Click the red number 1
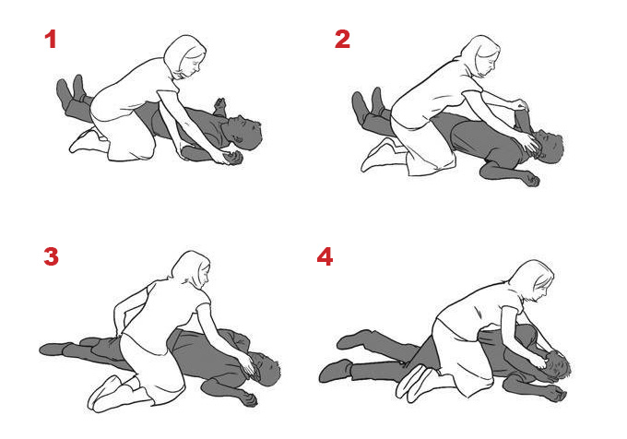tap(51, 40)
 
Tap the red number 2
tap(342, 40)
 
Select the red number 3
tap(52, 256)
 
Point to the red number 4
tap(325, 256)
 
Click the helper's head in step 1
tap(185, 56)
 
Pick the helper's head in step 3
tap(191, 268)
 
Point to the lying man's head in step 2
tap(549, 146)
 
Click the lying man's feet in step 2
tap(369, 102)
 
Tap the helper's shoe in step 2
tap(378, 156)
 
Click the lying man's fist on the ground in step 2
tap(531, 179)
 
